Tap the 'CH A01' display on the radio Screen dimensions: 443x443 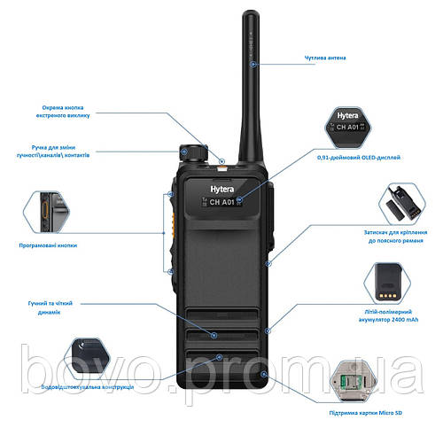point(221,203)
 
